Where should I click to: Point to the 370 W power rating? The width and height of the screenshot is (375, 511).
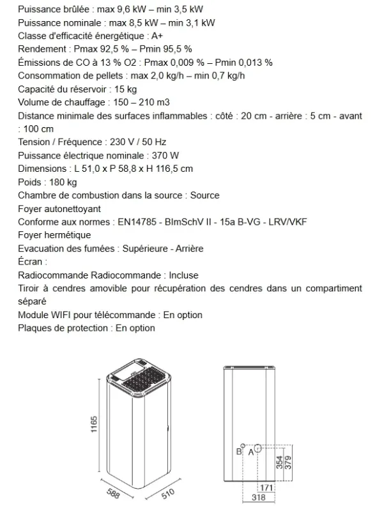pos(165,155)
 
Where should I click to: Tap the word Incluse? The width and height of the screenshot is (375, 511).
pos(183,275)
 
